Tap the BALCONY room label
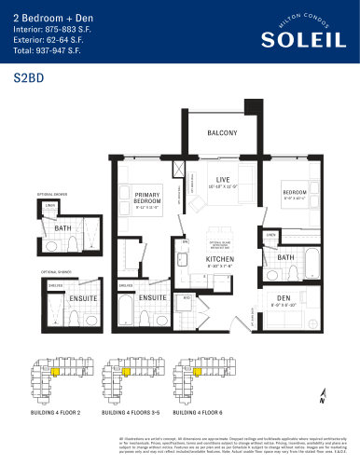click(x=222, y=133)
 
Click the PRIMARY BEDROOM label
click(x=147, y=197)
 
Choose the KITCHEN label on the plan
click(x=219, y=258)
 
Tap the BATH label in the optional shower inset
click(x=62, y=227)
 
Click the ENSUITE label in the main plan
click(x=152, y=297)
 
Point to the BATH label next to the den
click(x=285, y=256)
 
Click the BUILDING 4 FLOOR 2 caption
click(x=55, y=411)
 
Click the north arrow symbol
click(x=322, y=393)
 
